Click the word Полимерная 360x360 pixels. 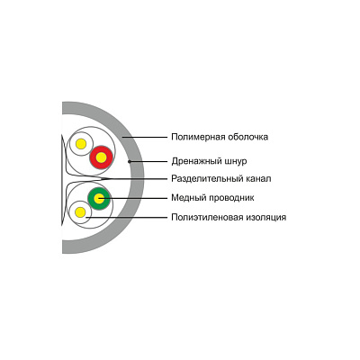click(198, 137)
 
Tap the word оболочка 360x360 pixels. click(247, 137)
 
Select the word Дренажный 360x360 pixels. click(197, 161)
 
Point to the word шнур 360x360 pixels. click(236, 161)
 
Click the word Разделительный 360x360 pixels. click(207, 179)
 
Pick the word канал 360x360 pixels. click(258, 179)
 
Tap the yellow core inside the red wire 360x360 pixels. click(102, 157)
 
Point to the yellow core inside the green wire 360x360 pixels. click(99, 198)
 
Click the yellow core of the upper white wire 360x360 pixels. click(81, 144)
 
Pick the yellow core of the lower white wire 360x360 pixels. click(80, 212)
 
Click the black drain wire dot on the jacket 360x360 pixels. click(130, 161)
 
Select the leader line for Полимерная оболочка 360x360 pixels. click(145, 137)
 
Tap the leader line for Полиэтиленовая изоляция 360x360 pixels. click(126, 217)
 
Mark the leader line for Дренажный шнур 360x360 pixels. click(149, 161)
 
